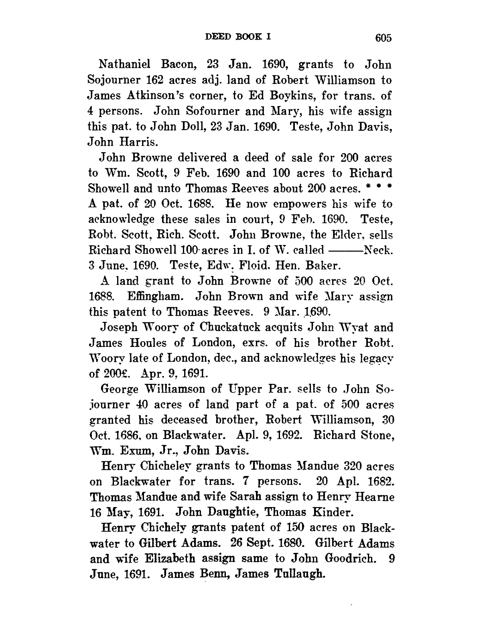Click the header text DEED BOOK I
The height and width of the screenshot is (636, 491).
[239, 36]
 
